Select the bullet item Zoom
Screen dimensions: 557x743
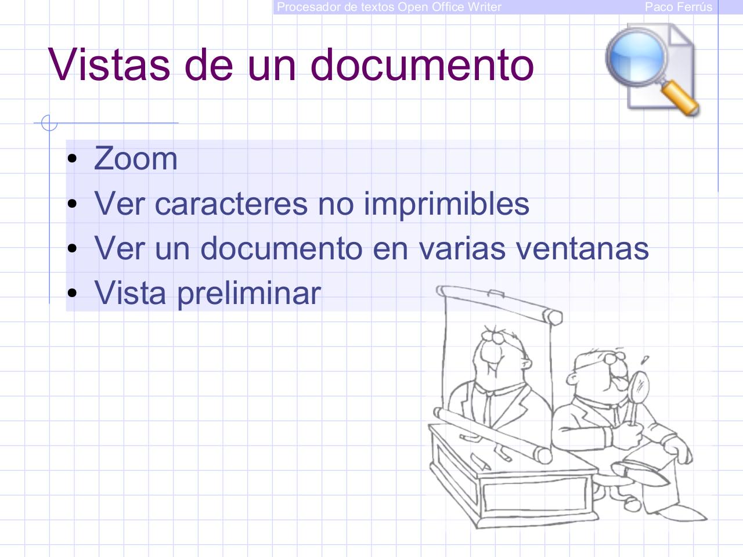[x=136, y=158]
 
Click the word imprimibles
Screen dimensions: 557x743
[x=446, y=204]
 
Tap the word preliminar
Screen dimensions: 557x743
[x=248, y=292]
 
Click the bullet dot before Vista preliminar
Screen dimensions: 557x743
[x=72, y=294]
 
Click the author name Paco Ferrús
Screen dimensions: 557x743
[x=678, y=7]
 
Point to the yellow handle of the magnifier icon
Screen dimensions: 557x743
[x=680, y=97]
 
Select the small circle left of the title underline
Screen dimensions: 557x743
[x=49, y=123]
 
